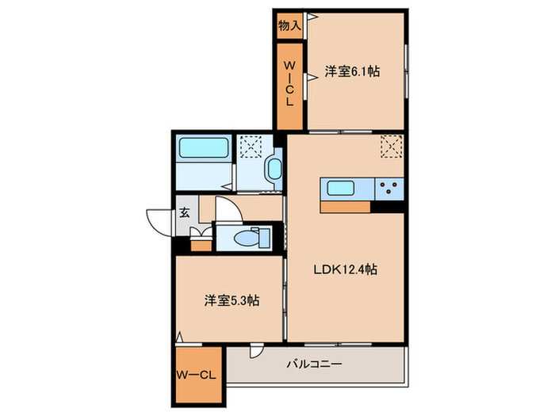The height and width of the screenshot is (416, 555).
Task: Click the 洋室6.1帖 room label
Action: (x=352, y=71)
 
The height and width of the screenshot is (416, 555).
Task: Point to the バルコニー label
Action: (x=314, y=364)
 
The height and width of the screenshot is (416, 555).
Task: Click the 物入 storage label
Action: (x=289, y=25)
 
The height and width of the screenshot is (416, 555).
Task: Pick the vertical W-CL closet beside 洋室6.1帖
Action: (x=289, y=84)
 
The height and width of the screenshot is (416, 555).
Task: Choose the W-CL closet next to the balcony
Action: (x=197, y=375)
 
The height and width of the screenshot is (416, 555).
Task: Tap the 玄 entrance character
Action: (x=184, y=212)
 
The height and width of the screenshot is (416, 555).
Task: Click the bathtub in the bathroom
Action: (x=204, y=148)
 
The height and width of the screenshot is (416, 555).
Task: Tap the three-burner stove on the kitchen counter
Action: (x=390, y=189)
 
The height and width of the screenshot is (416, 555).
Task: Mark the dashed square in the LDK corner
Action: (x=392, y=147)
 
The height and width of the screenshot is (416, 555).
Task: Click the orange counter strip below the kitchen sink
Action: (x=346, y=207)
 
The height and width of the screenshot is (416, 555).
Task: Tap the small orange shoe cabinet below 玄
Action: (x=202, y=243)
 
